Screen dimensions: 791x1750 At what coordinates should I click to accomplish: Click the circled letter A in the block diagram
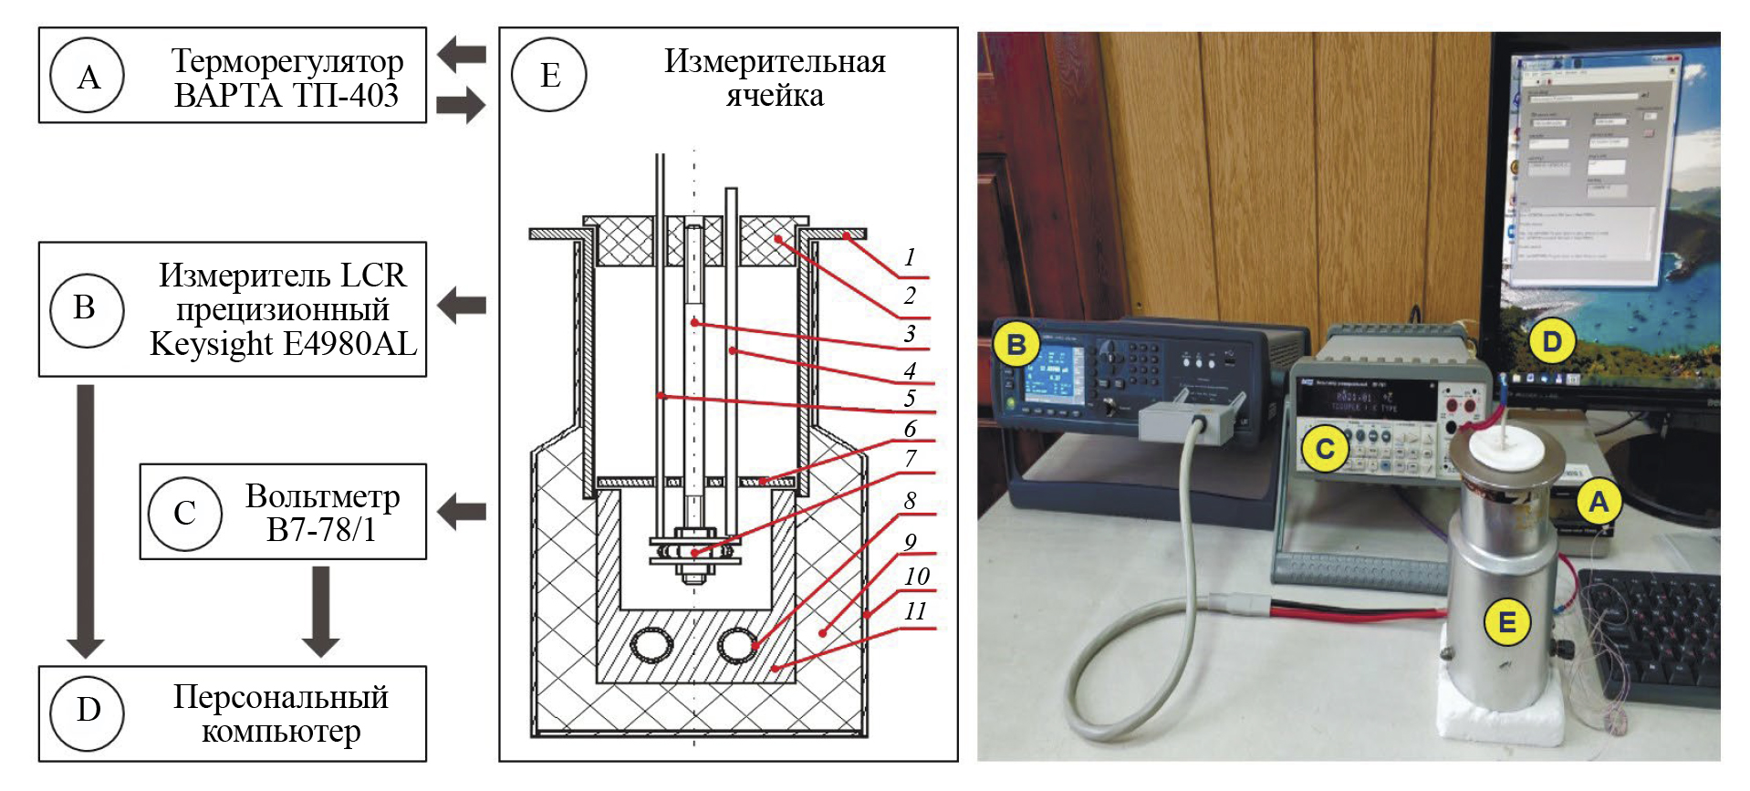coord(88,76)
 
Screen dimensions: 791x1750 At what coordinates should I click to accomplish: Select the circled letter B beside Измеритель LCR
coord(85,308)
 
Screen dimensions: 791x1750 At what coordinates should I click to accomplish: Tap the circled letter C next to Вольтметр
coord(185,512)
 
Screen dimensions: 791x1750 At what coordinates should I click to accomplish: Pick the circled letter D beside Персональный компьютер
coord(88,710)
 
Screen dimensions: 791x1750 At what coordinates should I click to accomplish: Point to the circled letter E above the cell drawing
coord(549,74)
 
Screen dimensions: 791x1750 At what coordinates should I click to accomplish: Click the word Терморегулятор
coord(287,61)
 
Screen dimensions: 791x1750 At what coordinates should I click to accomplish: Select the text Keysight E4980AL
coord(283,344)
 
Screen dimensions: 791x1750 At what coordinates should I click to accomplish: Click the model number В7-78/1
coord(321,529)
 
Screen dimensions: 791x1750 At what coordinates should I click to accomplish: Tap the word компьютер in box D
coord(281,731)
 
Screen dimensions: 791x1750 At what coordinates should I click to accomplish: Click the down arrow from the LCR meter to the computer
coord(85,520)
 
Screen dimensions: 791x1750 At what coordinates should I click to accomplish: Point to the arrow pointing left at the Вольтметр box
coord(462,511)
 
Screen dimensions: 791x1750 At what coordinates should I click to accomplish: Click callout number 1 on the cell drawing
coord(909,257)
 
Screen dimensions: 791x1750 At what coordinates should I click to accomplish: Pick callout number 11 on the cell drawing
coord(915,610)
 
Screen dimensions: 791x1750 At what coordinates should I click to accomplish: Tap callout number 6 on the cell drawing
coord(910,428)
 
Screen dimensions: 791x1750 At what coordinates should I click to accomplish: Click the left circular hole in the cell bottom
coord(651,646)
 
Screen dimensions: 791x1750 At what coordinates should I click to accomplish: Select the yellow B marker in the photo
coord(1016,345)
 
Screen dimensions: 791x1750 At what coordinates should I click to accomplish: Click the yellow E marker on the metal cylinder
coord(1506,622)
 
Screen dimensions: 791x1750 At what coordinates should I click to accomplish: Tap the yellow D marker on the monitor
coord(1551,342)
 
